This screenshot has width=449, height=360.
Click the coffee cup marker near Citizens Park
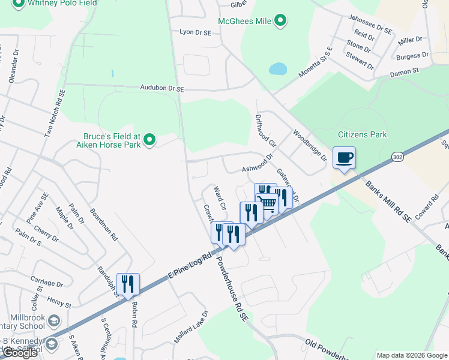pos(344,158)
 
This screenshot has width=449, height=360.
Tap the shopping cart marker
pos(267,202)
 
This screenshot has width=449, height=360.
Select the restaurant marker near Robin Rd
pos(128,284)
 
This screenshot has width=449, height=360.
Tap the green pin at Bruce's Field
pos(149,141)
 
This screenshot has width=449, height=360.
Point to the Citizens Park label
pos(363,135)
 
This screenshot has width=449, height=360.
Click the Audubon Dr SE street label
pos(161,88)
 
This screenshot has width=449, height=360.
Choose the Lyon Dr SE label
pos(196,32)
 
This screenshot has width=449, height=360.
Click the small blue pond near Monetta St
pos(278,69)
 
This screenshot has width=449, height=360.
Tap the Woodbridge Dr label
pos(310,145)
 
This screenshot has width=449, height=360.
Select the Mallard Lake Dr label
pos(191,328)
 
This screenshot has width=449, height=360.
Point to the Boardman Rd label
pos(104,224)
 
